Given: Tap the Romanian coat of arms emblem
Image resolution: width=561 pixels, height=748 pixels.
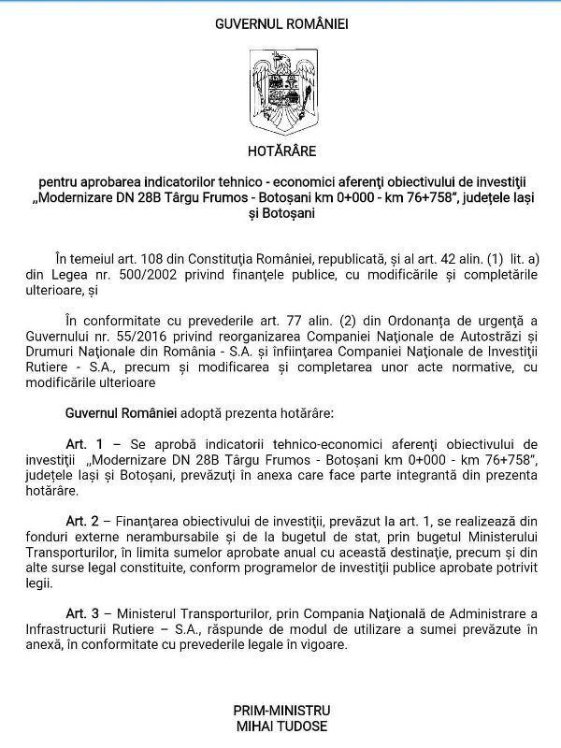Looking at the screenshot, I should click(x=280, y=91).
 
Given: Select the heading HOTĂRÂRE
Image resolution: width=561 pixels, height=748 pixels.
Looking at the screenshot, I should click(x=281, y=150).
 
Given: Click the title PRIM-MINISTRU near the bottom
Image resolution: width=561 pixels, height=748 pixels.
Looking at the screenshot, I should click(x=280, y=711).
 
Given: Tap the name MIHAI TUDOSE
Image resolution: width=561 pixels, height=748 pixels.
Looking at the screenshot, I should click(x=280, y=726).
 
